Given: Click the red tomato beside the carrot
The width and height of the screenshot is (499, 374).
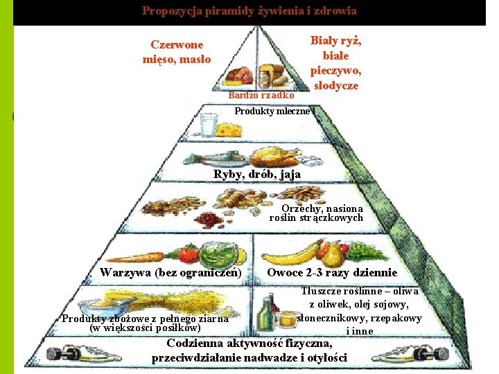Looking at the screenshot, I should click(189, 254).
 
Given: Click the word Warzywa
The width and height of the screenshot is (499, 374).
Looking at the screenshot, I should click(125, 273).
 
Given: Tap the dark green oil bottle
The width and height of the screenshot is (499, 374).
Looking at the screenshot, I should click(266, 315).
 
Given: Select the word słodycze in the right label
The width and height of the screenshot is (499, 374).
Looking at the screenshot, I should click(336, 85).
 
